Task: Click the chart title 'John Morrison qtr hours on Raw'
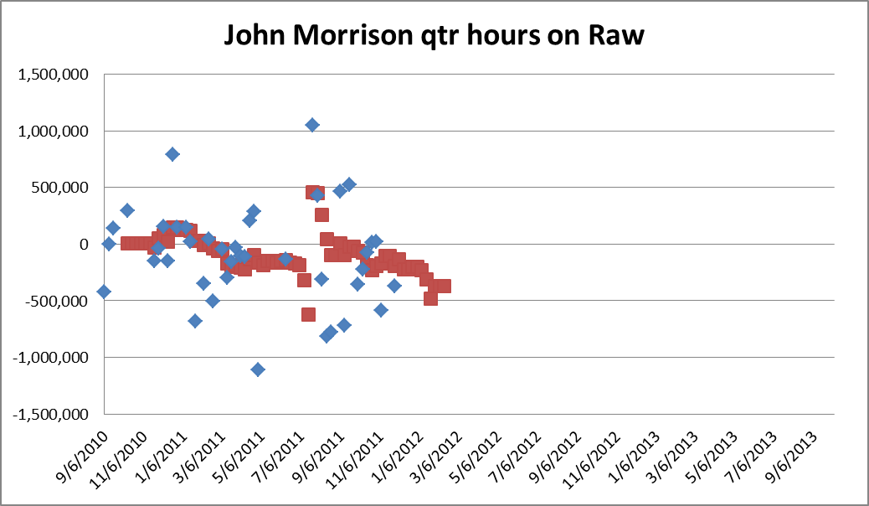click(434, 35)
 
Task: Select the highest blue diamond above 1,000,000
click(312, 125)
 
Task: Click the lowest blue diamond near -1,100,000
click(258, 369)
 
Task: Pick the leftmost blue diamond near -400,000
click(104, 292)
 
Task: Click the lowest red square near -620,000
click(308, 314)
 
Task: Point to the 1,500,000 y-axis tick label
click(55, 75)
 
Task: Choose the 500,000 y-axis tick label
click(62, 188)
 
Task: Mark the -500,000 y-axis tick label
click(59, 301)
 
